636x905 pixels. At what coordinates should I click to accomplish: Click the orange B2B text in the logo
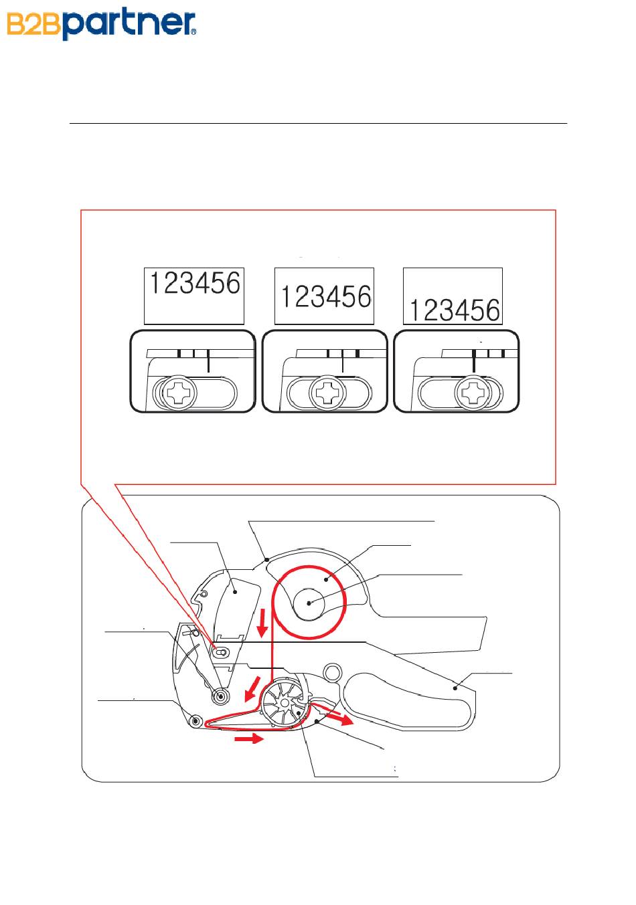(33, 25)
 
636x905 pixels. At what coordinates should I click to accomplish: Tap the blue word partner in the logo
(127, 23)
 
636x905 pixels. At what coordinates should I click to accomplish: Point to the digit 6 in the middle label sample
(364, 296)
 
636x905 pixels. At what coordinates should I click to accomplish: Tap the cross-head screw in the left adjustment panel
(179, 393)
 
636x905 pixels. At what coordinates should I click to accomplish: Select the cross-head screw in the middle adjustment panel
(327, 393)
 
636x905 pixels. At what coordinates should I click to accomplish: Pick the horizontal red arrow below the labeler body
(249, 738)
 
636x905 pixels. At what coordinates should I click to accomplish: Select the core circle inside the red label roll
(309, 603)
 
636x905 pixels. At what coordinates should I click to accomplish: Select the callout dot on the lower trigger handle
(455, 688)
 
